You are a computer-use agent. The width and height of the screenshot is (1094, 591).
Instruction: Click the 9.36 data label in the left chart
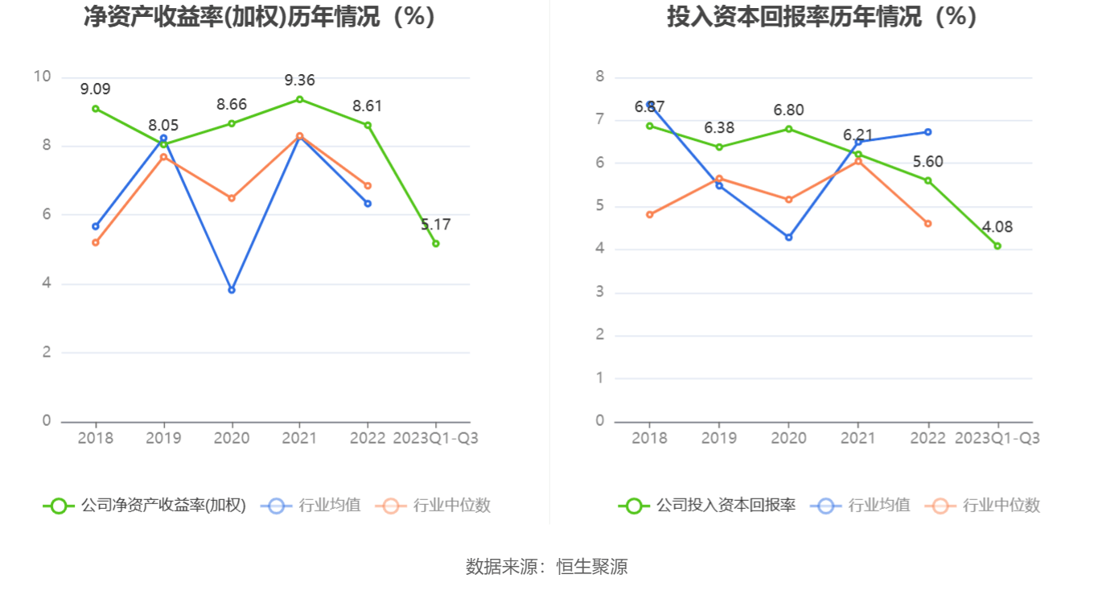[x=299, y=80]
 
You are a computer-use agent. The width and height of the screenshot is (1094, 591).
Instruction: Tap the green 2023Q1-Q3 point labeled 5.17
[x=436, y=243]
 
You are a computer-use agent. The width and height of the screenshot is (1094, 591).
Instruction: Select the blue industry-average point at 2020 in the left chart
[x=232, y=290]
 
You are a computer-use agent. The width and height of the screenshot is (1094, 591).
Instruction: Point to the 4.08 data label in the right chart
[x=997, y=227]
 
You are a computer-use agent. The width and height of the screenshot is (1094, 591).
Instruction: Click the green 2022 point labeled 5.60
[x=927, y=180]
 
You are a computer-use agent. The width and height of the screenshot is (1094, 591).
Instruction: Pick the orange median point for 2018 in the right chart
[x=649, y=215]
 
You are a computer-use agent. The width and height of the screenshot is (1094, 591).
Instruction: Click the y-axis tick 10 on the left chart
[x=42, y=77]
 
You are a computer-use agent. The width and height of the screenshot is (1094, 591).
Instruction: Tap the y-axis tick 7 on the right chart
[x=599, y=120]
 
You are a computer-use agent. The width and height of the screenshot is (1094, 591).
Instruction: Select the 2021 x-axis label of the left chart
[x=299, y=438]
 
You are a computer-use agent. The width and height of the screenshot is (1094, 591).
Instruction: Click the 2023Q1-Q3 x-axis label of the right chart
[x=997, y=438]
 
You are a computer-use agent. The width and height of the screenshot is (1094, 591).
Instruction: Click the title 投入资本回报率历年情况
[x=821, y=16]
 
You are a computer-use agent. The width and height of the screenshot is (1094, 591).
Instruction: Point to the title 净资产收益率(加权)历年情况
[x=259, y=16]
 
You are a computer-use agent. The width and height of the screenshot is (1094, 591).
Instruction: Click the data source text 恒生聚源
[x=592, y=567]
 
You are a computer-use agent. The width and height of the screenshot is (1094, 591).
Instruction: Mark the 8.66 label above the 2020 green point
[x=232, y=104]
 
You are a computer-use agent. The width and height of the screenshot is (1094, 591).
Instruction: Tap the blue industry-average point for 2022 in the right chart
[x=927, y=132]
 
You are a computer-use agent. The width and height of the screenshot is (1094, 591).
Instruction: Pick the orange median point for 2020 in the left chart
[x=232, y=198]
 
